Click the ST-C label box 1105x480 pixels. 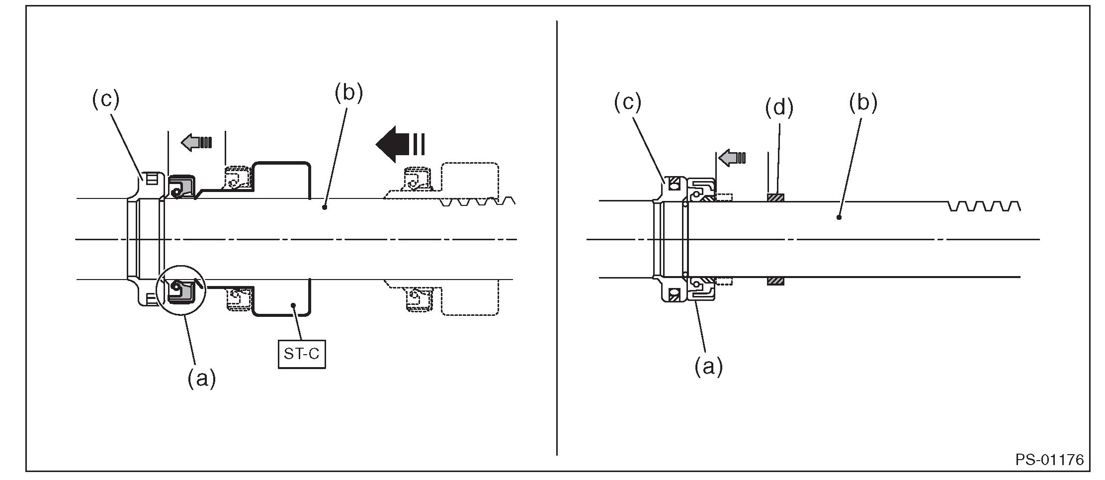click(302, 354)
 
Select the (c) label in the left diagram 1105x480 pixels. click(105, 100)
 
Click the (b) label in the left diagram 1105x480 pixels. click(348, 93)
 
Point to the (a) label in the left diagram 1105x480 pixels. click(201, 379)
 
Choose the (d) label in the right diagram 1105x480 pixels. click(779, 107)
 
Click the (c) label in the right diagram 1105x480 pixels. click(627, 102)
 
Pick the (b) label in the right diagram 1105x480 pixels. click(863, 102)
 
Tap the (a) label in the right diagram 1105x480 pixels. click(708, 367)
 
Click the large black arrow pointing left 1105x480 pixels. click(400, 144)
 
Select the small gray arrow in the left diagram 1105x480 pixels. click(196, 142)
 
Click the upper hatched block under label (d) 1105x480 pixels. click(775, 198)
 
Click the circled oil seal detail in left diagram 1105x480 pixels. click(180, 291)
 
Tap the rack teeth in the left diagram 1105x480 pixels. click(477, 201)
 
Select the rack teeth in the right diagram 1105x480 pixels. click(984, 206)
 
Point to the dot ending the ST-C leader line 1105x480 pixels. click(294, 305)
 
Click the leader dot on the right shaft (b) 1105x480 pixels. click(839, 217)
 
